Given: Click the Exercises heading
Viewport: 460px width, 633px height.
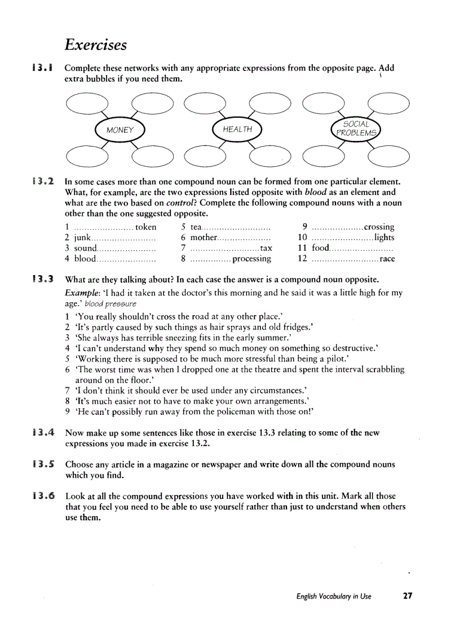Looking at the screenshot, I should [x=95, y=45].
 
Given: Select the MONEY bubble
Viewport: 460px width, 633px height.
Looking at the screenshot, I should [x=120, y=130].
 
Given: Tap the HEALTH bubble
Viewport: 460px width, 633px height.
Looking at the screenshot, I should [x=237, y=130].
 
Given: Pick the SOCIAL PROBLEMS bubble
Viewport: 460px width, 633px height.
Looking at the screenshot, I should [x=356, y=129].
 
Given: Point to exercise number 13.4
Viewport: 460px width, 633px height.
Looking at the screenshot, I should [x=43, y=433].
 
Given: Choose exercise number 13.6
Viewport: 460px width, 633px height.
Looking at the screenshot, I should [x=43, y=496].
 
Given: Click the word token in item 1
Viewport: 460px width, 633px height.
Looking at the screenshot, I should [x=146, y=227].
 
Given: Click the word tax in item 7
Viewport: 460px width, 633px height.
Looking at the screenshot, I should [x=266, y=248].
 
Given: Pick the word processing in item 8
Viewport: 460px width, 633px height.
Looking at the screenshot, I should [x=251, y=259].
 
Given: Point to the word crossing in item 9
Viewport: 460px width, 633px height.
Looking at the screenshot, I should [x=379, y=227].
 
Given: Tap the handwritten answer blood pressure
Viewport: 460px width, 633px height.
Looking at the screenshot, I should [x=110, y=303].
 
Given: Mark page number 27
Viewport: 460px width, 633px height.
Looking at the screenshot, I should [x=408, y=596].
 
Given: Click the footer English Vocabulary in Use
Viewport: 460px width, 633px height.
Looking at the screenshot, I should [x=334, y=596].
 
